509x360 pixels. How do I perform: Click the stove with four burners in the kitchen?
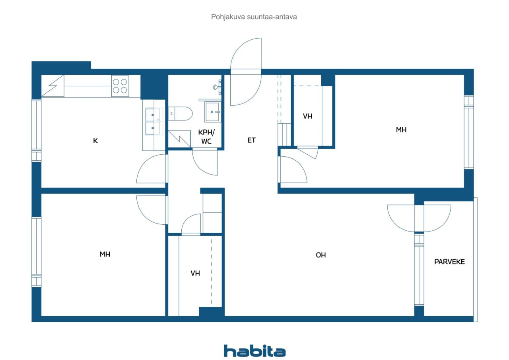(120, 86)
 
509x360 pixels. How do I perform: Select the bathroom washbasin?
(212, 112)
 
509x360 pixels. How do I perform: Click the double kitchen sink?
(154, 121)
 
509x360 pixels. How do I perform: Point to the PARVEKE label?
(449, 262)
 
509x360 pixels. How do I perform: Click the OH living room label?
(321, 255)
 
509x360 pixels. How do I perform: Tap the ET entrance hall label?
(251, 140)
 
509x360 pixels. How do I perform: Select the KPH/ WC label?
(206, 137)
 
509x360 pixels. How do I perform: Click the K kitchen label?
(95, 141)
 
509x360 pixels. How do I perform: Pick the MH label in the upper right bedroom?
(401, 130)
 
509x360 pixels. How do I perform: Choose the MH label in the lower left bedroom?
(105, 254)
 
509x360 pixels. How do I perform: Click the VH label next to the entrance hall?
(307, 117)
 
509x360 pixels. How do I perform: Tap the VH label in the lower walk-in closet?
(195, 273)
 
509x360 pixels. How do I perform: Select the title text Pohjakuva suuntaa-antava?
(254, 17)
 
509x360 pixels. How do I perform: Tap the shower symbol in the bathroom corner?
(179, 139)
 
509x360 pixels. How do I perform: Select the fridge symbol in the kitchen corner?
(53, 86)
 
